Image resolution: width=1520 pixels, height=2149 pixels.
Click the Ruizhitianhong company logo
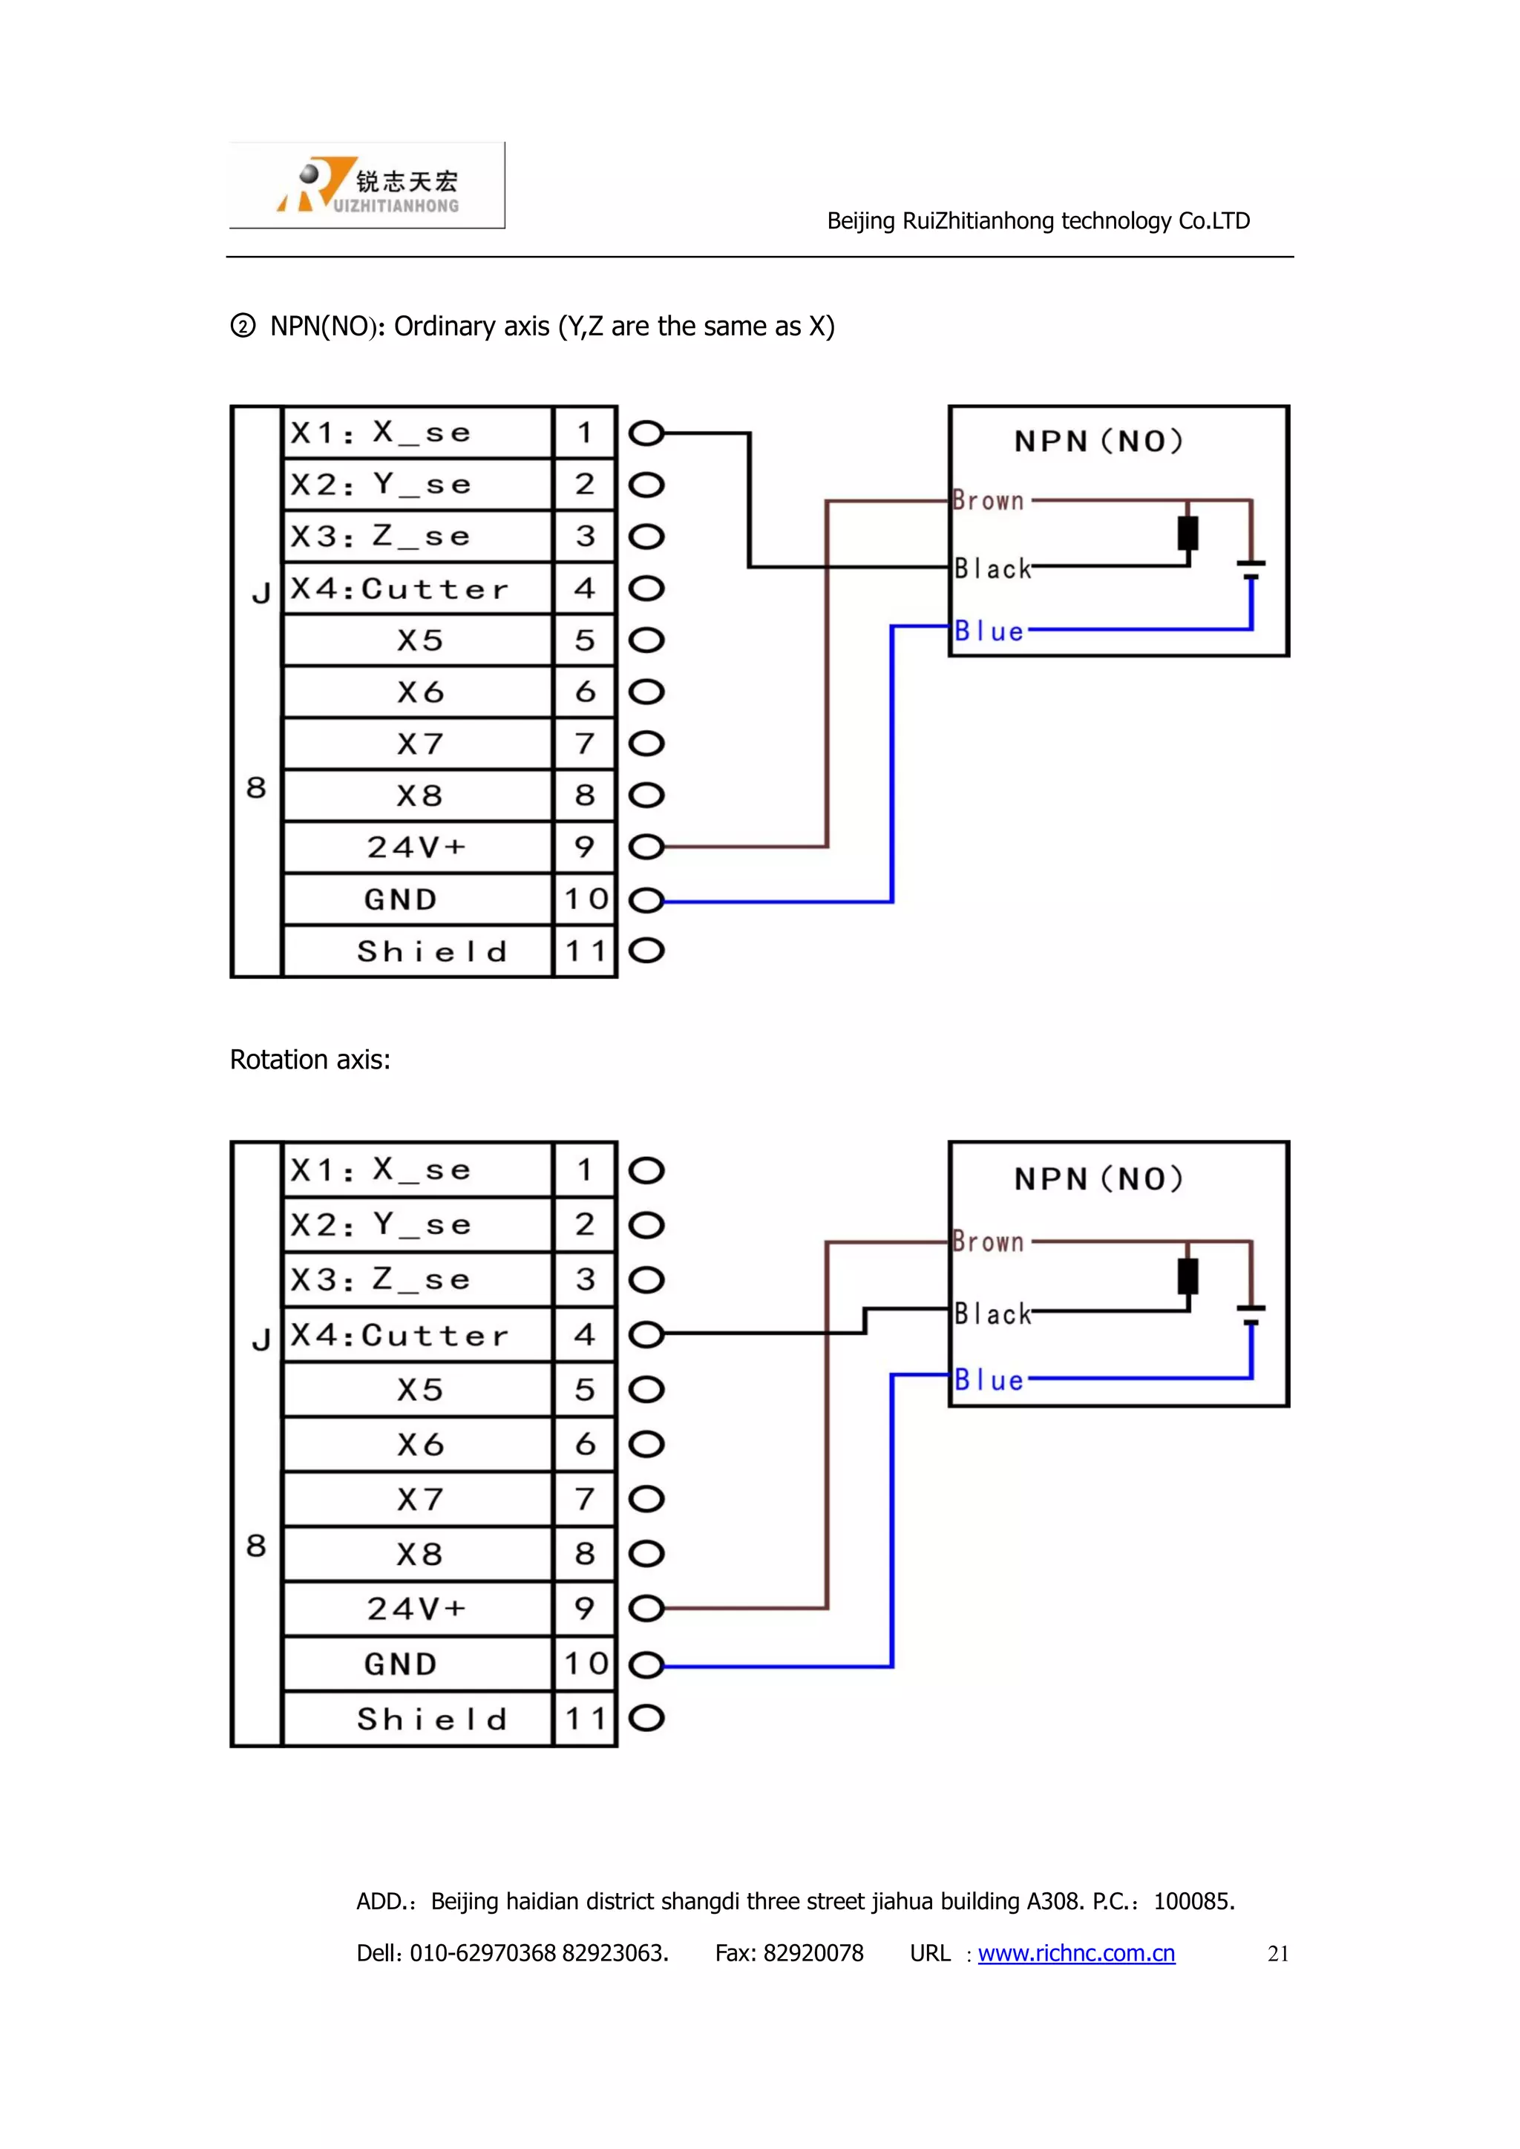point(367,186)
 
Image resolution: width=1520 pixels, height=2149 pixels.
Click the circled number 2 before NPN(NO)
point(243,327)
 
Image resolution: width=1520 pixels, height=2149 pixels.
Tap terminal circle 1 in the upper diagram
point(646,433)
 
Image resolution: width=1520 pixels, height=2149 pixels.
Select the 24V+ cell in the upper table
point(416,847)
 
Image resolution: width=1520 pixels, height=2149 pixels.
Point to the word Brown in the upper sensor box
point(989,501)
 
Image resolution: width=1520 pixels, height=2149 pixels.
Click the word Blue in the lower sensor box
point(989,1380)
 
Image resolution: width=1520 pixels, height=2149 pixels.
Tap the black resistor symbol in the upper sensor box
point(1187,534)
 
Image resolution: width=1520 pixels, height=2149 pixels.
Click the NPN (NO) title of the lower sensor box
point(1099,1178)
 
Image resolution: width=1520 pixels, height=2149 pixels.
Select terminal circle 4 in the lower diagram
point(646,1335)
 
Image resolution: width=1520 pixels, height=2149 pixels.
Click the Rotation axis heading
point(309,1060)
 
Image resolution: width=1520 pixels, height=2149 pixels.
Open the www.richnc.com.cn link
point(1076,1953)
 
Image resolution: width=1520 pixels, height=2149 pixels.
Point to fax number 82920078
point(813,1953)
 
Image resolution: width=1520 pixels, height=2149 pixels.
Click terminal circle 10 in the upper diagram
point(646,900)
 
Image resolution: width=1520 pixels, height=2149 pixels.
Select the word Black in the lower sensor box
point(992,1314)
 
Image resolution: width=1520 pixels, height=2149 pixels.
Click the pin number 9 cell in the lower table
point(585,1609)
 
